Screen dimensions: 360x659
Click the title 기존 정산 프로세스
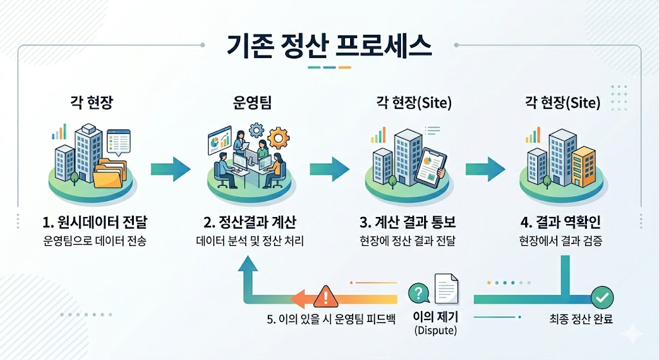329,46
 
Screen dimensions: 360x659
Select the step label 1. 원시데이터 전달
95,223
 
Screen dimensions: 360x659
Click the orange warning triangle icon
325,297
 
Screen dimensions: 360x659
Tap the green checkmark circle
602,298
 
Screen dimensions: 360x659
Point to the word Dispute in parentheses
436,331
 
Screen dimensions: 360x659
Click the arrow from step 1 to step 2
171,169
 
